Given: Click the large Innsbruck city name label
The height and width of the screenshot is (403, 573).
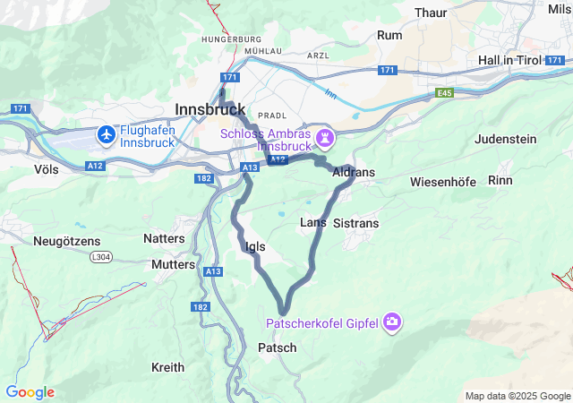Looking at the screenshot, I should (x=210, y=108).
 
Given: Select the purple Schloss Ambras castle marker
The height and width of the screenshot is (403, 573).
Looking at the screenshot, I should (x=327, y=138).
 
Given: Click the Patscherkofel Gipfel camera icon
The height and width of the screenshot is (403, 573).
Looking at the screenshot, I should (x=391, y=322).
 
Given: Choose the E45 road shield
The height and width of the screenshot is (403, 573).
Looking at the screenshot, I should (x=445, y=92).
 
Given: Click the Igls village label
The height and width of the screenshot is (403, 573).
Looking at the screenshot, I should (x=254, y=246).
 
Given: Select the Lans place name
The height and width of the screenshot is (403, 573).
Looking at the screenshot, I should (x=312, y=222).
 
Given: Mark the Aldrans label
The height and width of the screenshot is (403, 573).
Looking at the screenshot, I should (x=353, y=171).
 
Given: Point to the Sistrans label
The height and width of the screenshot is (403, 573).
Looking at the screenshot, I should (x=355, y=223).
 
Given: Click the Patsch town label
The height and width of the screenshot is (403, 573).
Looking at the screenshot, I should (x=277, y=347).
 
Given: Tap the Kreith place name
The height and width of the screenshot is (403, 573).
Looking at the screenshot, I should (x=167, y=367).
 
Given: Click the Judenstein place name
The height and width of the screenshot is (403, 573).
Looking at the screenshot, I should (x=505, y=140).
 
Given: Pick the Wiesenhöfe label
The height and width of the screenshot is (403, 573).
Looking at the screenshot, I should (x=442, y=182).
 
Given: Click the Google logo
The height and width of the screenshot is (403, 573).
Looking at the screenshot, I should (x=30, y=392).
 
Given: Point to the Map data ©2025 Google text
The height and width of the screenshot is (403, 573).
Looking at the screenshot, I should (x=517, y=396).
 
